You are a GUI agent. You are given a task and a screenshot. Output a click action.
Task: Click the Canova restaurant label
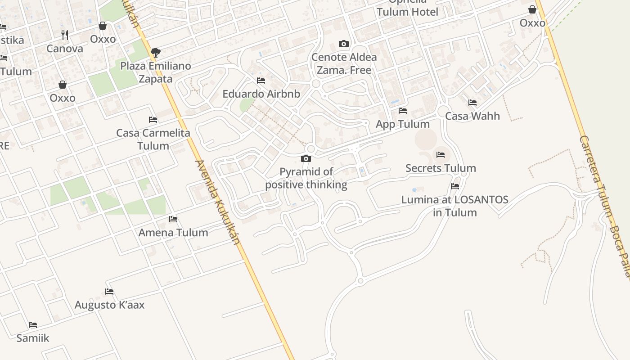pos(65,49)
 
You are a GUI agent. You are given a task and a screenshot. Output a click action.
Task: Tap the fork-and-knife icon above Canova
pos(65,35)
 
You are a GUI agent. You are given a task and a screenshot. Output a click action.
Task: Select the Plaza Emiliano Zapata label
pos(155,72)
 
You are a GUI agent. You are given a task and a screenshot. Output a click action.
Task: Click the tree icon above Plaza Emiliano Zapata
pos(156,53)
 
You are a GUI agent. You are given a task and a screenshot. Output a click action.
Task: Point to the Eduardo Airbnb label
pos(261,94)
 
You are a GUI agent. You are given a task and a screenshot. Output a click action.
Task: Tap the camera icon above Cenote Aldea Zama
pos(344,44)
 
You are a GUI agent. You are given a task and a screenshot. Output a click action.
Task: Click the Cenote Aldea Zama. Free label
pos(344,63)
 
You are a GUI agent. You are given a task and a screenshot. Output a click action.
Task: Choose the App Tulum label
pos(402,124)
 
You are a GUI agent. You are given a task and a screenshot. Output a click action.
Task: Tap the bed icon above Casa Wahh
pos(472,103)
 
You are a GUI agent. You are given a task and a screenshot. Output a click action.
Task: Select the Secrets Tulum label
pos(441,168)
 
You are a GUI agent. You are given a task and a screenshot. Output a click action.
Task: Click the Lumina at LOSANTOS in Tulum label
pos(454,206)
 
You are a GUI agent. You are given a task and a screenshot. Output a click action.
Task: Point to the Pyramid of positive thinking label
pos(306,178)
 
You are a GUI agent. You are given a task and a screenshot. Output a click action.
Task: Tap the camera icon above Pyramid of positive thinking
pos(306,158)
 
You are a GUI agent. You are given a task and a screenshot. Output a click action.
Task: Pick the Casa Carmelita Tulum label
pos(153,139)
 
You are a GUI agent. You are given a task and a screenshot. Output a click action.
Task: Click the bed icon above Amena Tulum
pos(173,219)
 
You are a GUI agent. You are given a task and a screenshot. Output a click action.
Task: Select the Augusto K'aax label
pos(109,305)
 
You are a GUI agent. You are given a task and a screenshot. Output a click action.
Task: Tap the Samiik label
pos(32,338)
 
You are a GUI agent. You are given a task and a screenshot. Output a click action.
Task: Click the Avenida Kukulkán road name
pos(217,202)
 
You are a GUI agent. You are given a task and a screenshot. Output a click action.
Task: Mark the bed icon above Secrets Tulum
pos(441,155)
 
